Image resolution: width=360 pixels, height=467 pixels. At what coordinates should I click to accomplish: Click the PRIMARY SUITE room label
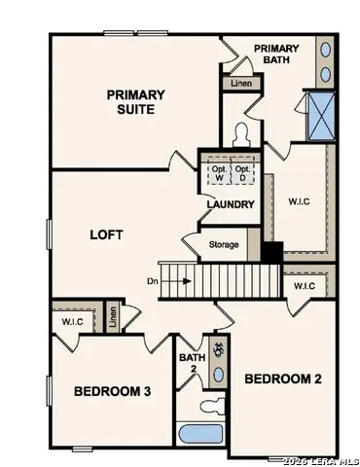click(x=136, y=101)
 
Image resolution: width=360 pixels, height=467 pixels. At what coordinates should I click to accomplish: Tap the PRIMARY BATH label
click(x=276, y=54)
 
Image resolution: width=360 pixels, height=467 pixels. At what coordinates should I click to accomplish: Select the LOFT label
click(x=106, y=234)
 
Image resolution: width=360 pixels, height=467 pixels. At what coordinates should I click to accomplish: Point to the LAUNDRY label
click(x=230, y=204)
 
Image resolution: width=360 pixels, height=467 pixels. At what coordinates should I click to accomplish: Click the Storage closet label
click(x=223, y=244)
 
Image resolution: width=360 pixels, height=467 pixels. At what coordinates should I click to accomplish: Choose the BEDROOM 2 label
click(x=282, y=377)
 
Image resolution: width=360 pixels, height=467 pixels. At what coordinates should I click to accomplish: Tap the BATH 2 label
click(x=191, y=363)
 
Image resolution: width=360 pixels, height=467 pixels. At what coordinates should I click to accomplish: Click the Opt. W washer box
click(x=218, y=172)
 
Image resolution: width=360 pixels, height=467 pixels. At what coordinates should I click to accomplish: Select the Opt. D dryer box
click(x=243, y=172)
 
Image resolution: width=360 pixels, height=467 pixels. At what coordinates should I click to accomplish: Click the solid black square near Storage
click(x=270, y=250)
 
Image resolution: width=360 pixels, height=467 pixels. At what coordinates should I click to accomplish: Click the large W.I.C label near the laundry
click(x=299, y=202)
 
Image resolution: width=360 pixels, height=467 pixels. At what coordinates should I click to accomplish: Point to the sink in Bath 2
click(x=218, y=373)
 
